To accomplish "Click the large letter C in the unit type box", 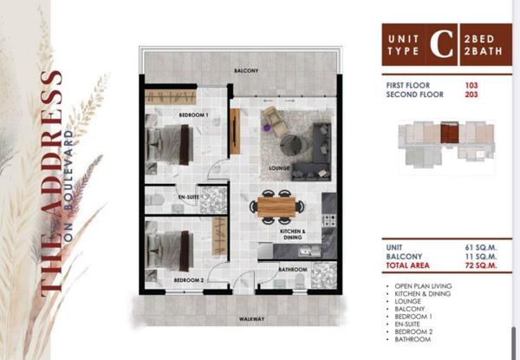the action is (x=441, y=44).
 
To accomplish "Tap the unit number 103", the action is (x=471, y=85).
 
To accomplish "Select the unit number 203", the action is (x=471, y=95).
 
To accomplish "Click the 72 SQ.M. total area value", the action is (x=481, y=265).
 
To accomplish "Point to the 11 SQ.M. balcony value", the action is (x=481, y=257).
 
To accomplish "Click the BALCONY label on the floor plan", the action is (x=246, y=70).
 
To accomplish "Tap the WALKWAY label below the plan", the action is (x=252, y=319).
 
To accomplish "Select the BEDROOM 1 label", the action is (x=193, y=115).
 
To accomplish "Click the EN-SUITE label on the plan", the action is (x=189, y=197).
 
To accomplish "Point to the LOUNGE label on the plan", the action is (x=279, y=168).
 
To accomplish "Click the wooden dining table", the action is (x=276, y=206).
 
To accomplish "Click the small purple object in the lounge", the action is (x=266, y=127).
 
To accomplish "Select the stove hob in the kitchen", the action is (x=329, y=220).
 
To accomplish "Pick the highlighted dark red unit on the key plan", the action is (x=449, y=133).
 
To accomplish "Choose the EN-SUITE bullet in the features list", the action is (x=407, y=324).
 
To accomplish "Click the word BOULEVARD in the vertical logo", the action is (x=68, y=170).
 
